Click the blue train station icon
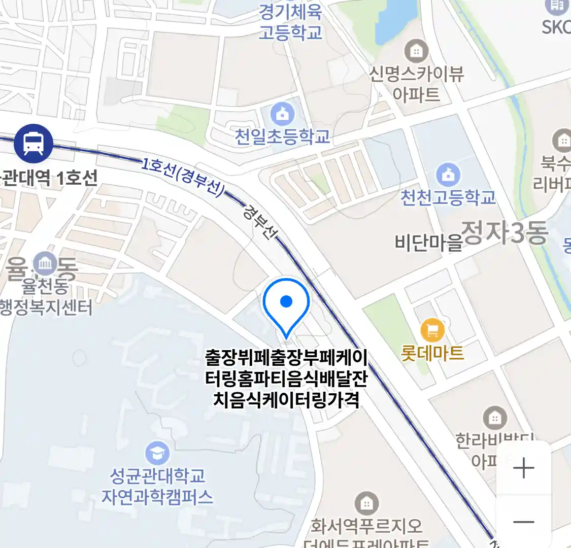pos(33,143)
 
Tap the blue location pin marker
pos(286,304)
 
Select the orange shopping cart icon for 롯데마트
pos(432,331)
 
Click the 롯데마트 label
pos(432,353)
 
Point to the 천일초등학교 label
pos(282,136)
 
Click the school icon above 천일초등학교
pos(283,114)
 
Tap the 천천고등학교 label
pos(448,197)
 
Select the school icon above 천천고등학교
pos(448,175)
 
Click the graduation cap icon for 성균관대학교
pos(157,453)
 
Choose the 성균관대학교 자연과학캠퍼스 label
pos(157,486)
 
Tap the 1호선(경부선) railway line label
pos(183,177)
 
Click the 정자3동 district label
pos(505,233)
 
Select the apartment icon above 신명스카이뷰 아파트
pos(416,51)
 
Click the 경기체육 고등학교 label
pos(290,22)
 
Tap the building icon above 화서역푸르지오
pos(366,503)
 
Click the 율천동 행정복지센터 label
pos(46,297)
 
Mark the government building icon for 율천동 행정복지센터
pos(45,263)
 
